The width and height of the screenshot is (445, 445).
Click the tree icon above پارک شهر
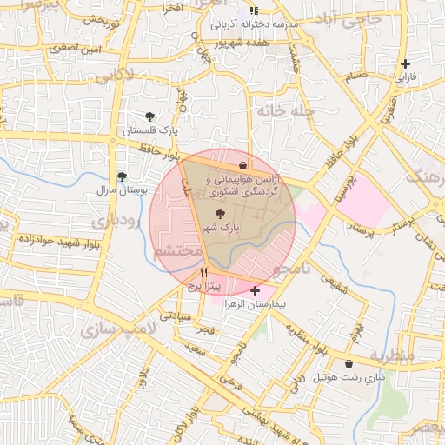[218, 212]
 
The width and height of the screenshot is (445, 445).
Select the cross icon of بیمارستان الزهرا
[254, 290]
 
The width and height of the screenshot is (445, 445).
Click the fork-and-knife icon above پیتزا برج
[203, 272]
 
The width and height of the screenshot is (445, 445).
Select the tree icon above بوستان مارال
[122, 175]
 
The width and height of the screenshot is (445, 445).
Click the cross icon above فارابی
[406, 63]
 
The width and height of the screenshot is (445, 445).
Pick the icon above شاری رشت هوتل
[349, 364]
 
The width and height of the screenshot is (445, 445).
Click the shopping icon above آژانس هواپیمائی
[242, 165]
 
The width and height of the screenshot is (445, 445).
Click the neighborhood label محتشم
[177, 251]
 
